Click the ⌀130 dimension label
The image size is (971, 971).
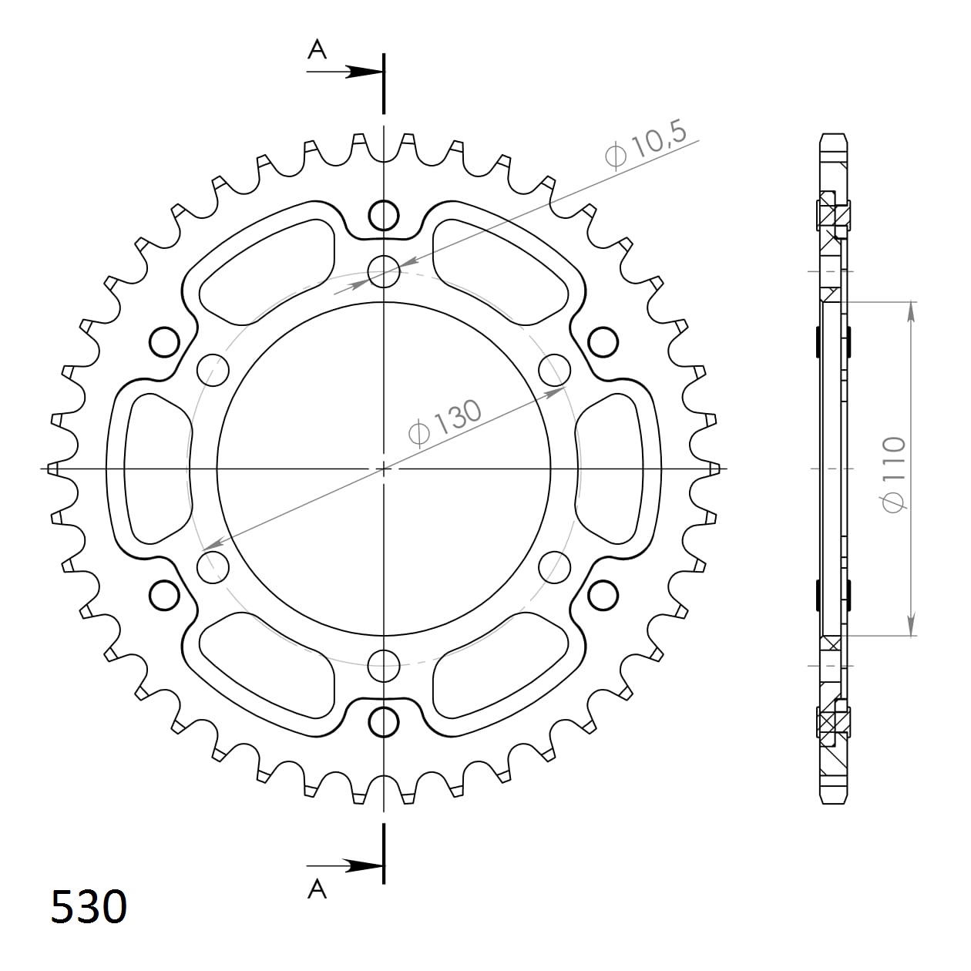tap(445, 423)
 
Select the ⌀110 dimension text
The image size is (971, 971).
tap(894, 475)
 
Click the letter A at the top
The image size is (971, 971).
tap(317, 49)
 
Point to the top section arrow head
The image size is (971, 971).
tap(364, 72)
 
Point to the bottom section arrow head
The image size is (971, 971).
tap(364, 866)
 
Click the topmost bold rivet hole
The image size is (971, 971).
tap(384, 216)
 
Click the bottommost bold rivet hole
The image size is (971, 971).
tap(384, 723)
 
